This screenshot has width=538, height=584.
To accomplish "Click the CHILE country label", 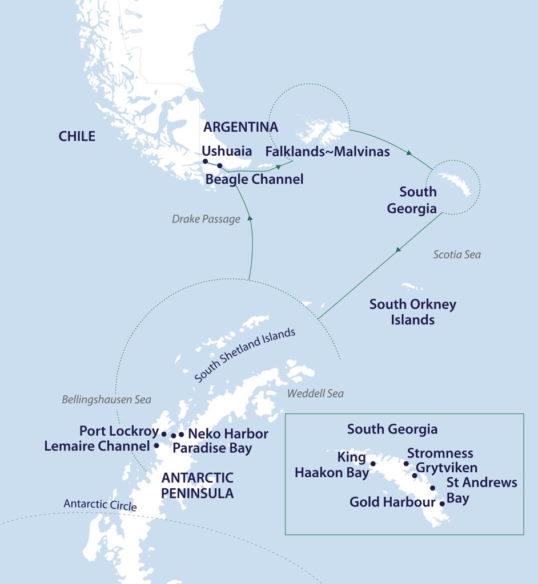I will pos(77,136).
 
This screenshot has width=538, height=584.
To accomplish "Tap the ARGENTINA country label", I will pos(240,127).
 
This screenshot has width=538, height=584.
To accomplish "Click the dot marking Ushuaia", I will pos(206,161).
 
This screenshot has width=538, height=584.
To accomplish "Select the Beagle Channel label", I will pos(254,179).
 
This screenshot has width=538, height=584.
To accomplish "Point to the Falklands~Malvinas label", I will pos(327,152).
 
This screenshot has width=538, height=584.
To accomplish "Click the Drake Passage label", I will pos(206,219).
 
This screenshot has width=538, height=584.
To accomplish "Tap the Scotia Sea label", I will pos(456,254).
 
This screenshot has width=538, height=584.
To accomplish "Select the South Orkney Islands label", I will pos(412,312).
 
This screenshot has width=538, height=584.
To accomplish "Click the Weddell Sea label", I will pos(315,394).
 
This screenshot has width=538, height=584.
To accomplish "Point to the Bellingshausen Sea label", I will pos(106,400).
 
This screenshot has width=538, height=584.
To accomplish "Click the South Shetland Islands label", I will pos(245,356).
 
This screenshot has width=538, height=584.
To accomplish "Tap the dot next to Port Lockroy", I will pos(164,434).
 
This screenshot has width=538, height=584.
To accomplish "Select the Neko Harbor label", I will pos(228,434).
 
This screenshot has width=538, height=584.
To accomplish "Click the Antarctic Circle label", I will pos(100,505).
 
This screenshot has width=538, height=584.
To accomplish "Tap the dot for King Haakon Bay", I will pos(373,464).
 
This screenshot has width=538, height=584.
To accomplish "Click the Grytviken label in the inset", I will pos(447,468).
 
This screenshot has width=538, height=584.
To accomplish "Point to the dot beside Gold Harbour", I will pos(442,504).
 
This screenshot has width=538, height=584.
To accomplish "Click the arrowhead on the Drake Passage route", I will pos(250,218).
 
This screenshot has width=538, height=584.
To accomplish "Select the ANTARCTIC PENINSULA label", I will pos(197,485).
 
